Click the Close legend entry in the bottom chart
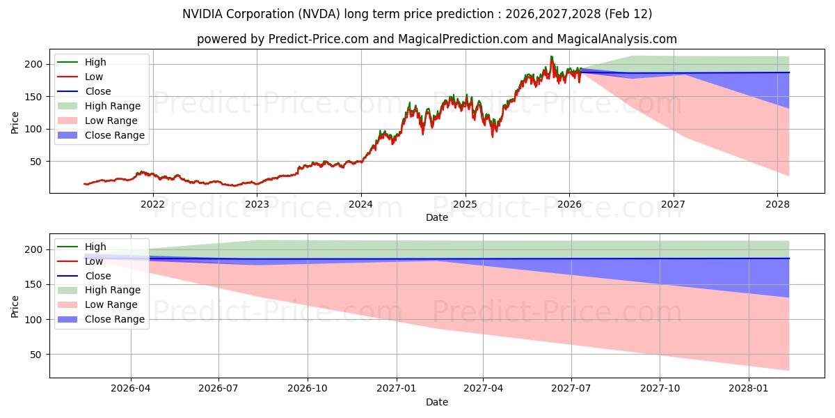click(x=97, y=276)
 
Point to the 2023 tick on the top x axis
click(x=257, y=204)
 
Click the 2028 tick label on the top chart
click(x=777, y=204)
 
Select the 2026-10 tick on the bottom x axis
click(x=307, y=389)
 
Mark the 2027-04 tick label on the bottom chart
click(x=483, y=389)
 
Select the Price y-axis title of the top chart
click(x=15, y=123)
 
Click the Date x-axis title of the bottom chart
click(x=436, y=402)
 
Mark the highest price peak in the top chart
click(x=552, y=57)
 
